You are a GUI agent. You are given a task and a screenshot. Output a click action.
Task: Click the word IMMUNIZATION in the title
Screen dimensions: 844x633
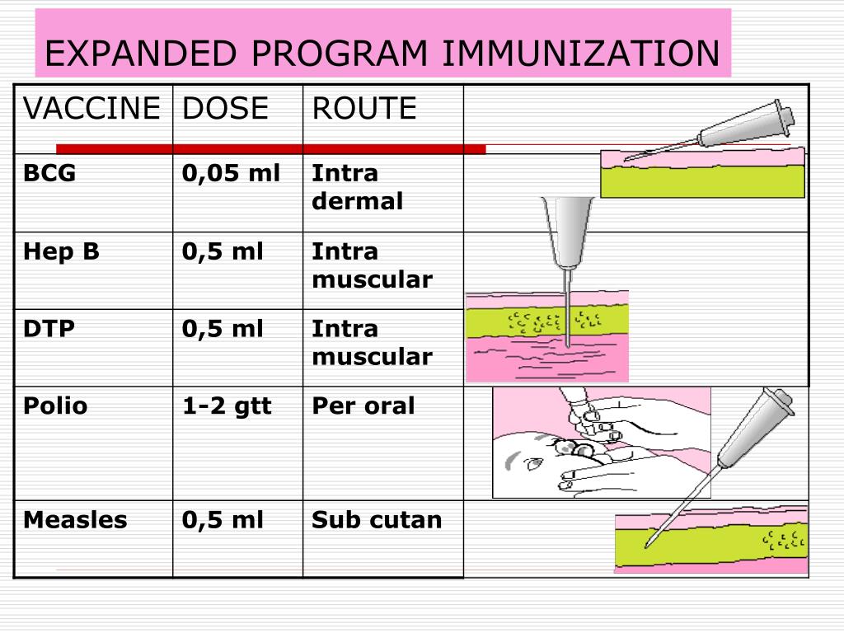pyautogui.click(x=581, y=54)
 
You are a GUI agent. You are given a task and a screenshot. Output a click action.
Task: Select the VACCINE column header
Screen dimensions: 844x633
pyautogui.click(x=91, y=108)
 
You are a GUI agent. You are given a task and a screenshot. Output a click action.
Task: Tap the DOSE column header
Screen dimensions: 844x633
pyautogui.click(x=225, y=108)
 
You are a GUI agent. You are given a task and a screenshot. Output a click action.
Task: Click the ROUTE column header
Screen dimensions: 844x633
pyautogui.click(x=364, y=108)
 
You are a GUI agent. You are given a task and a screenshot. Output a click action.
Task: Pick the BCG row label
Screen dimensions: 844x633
pyautogui.click(x=49, y=173)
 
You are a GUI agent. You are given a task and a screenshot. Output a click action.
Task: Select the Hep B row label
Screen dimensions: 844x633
pyautogui.click(x=61, y=251)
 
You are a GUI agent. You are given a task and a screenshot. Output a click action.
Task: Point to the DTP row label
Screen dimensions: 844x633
pyautogui.click(x=49, y=329)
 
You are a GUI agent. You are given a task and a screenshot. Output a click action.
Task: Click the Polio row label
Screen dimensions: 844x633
pyautogui.click(x=55, y=406)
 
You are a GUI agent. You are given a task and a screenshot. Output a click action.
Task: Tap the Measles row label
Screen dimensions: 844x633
pyautogui.click(x=75, y=520)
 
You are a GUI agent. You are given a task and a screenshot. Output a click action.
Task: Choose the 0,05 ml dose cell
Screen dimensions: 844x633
pyautogui.click(x=231, y=173)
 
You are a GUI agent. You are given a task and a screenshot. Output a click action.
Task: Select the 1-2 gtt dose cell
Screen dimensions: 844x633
pyautogui.click(x=227, y=406)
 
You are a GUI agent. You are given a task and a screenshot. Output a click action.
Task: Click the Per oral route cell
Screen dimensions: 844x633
pyautogui.click(x=363, y=406)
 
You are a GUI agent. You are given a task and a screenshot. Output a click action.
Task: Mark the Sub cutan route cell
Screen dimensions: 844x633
pyautogui.click(x=377, y=520)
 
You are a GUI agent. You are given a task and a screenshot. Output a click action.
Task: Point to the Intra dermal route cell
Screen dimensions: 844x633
pyautogui.click(x=357, y=187)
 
